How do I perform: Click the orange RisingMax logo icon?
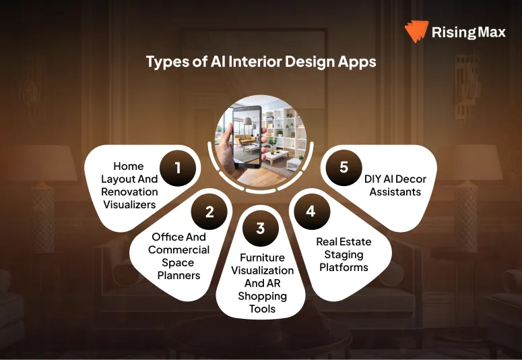tap(416, 32)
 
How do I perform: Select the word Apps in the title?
tap(358, 62)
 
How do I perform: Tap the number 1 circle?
tap(178, 167)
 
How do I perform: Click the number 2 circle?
tap(209, 212)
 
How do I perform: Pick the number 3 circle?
tap(261, 229)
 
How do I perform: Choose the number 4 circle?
tap(311, 211)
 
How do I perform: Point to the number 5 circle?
tap(344, 167)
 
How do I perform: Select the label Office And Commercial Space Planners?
tap(177, 256)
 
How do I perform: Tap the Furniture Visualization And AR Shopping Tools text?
tap(262, 283)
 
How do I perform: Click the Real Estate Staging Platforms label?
tap(344, 254)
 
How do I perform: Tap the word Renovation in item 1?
tap(129, 191)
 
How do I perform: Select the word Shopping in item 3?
tap(262, 296)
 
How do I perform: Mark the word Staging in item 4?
tap(344, 255)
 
